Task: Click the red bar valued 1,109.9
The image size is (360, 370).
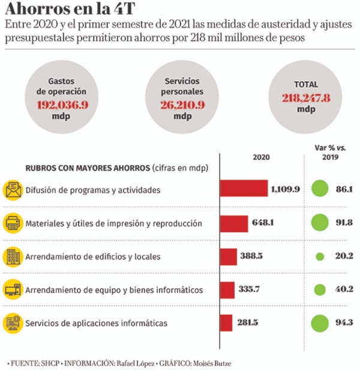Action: tap(244, 189)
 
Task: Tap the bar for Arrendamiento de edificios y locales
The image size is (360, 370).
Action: tap(229, 256)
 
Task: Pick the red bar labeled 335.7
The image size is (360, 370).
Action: tap(227, 290)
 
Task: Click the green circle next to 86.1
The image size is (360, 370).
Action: tap(320, 189)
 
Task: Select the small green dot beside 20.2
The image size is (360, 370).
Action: tap(320, 256)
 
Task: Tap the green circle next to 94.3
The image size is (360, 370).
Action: tap(320, 323)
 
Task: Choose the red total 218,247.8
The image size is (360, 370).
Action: tap(307, 98)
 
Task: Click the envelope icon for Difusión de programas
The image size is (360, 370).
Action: tap(13, 190)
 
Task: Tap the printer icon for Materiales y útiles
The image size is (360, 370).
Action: tap(13, 223)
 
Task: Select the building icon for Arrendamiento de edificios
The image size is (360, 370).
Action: tap(13, 256)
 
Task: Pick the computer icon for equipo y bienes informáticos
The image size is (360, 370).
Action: tap(13, 290)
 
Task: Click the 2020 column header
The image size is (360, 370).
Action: tap(261, 156)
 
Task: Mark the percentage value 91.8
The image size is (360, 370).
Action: tap(344, 223)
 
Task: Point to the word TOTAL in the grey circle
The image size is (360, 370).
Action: tap(307, 85)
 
